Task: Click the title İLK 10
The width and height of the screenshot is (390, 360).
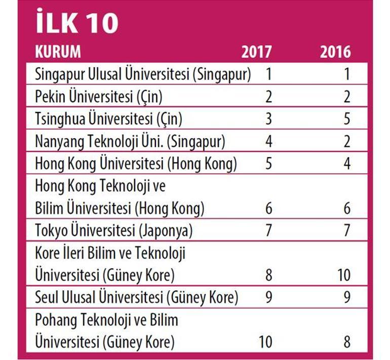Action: [x=76, y=22]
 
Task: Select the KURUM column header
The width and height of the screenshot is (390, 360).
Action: [x=58, y=52]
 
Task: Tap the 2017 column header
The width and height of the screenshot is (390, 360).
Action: [x=256, y=52]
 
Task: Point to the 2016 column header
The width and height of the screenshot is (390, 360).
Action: [x=335, y=52]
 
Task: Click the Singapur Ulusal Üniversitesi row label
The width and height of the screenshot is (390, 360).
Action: [x=143, y=74]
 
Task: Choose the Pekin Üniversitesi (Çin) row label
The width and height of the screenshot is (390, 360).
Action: [x=99, y=97]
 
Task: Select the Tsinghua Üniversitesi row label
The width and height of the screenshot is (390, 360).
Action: [x=108, y=119]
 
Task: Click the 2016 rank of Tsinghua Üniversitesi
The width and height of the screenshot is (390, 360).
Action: [x=346, y=119]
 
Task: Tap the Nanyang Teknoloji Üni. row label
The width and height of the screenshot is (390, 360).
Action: [x=130, y=142]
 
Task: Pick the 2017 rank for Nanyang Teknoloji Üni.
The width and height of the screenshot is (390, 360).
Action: [x=269, y=142]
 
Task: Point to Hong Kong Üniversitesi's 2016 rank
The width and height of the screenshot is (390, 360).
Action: [x=346, y=164]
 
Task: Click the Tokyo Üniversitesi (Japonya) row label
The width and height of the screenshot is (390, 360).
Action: [x=114, y=231]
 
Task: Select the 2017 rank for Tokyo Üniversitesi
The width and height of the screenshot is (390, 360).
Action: [x=269, y=231]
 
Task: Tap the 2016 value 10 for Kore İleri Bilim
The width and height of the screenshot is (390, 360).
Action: [x=344, y=275]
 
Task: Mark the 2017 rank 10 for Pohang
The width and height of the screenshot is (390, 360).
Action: [x=266, y=342]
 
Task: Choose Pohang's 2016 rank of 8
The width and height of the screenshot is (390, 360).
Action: [x=346, y=342]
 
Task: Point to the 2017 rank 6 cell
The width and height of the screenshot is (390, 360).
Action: [x=269, y=209]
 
